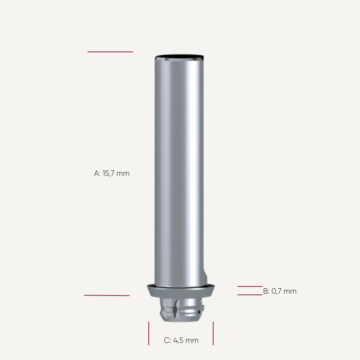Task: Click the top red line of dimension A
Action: coord(110,51)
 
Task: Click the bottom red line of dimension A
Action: coord(107,295)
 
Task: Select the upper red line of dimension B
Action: coord(250,286)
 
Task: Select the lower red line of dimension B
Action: coord(250,294)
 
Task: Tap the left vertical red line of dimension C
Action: coord(149,333)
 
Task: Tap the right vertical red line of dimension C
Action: coord(213,333)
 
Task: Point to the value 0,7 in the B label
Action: coord(277,291)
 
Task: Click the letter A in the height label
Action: coord(96,174)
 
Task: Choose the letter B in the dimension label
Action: coord(266,291)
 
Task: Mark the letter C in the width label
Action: coord(167,341)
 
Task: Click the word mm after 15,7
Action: coord(123,174)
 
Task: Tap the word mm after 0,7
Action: coord(290,291)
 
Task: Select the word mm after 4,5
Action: coord(192,341)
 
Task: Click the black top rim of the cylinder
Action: coord(179,58)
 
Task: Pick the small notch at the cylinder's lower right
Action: coord(206,275)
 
